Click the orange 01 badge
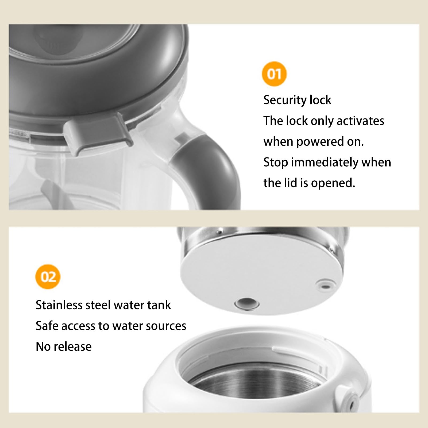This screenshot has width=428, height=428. (274, 74)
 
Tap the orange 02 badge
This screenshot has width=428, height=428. (48, 277)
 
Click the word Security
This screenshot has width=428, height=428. (285, 100)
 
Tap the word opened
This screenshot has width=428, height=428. (333, 183)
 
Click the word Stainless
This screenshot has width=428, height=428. (59, 305)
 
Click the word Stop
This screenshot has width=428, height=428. (276, 163)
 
